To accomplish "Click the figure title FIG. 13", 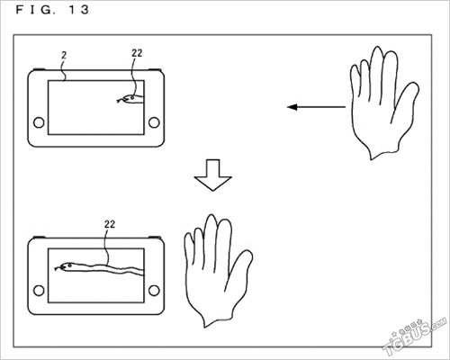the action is pyautogui.click(x=52, y=10).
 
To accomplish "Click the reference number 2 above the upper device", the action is pyautogui.click(x=64, y=56).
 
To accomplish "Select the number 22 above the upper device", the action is pyautogui.click(x=137, y=53).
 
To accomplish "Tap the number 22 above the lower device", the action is pyautogui.click(x=110, y=224).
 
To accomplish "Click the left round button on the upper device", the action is pyautogui.click(x=39, y=122).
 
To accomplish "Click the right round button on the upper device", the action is pyautogui.click(x=154, y=122).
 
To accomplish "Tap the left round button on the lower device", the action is pyautogui.click(x=39, y=291).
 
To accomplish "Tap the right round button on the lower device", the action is pyautogui.click(x=154, y=291).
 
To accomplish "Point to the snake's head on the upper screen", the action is pyautogui.click(x=130, y=98).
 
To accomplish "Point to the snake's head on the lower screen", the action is pyautogui.click(x=67, y=266).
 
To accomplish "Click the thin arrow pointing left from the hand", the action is pyautogui.click(x=316, y=107).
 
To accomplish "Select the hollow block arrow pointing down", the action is pyautogui.click(x=213, y=175).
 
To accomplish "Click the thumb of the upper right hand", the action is pyautogui.click(x=407, y=101).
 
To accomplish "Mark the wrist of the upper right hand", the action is pyautogui.click(x=384, y=150).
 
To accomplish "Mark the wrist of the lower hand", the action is pyautogui.click(x=218, y=318).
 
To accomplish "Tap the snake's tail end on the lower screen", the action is pyautogui.click(x=143, y=273).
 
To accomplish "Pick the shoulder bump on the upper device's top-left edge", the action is pyautogui.click(x=39, y=69).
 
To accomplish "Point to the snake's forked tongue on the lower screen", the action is pyautogui.click(x=58, y=268).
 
